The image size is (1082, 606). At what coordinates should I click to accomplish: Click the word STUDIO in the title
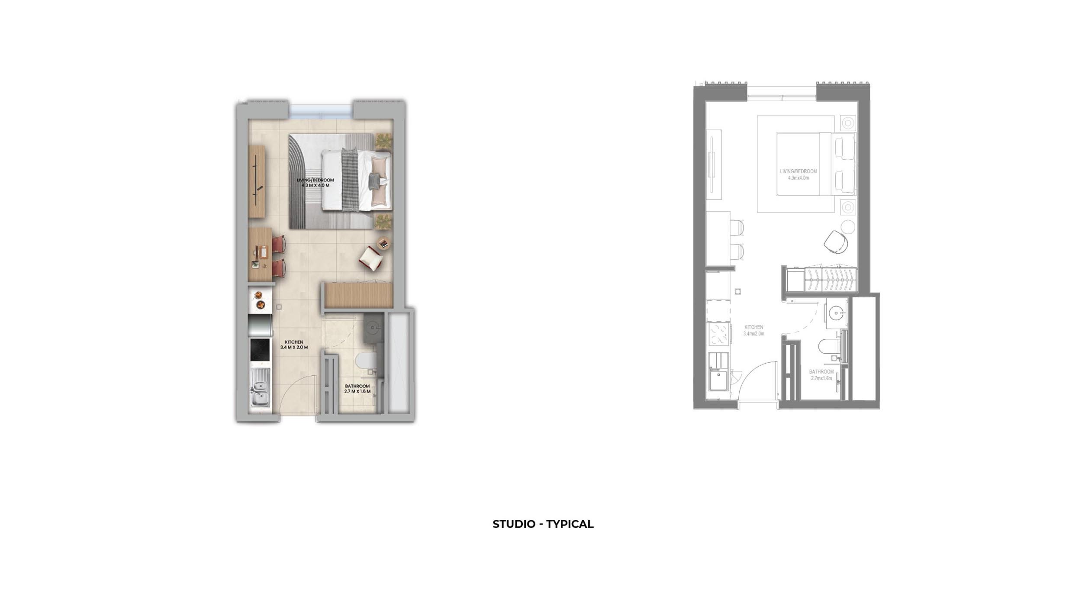(x=514, y=524)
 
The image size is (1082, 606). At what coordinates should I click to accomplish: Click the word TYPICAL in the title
(x=570, y=524)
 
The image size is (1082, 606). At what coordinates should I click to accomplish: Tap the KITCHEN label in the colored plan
(x=294, y=342)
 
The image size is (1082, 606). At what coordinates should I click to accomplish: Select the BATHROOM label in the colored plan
(x=357, y=386)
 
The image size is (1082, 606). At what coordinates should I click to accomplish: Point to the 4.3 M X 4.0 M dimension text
(x=316, y=185)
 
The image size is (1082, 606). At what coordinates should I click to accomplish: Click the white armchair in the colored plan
(x=371, y=258)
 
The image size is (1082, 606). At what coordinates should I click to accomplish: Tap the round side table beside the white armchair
(x=383, y=243)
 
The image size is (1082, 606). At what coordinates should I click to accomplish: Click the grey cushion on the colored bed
(x=374, y=180)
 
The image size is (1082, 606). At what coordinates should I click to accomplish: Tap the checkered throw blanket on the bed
(x=350, y=180)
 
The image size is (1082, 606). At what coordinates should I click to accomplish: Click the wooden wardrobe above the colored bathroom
(x=358, y=295)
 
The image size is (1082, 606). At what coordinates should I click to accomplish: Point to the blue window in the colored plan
(x=320, y=111)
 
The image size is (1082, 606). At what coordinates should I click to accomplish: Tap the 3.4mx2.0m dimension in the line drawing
(x=754, y=334)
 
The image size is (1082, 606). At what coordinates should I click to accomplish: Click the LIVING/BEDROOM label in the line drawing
(x=798, y=171)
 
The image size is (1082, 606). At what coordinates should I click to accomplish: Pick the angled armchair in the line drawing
(x=835, y=242)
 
